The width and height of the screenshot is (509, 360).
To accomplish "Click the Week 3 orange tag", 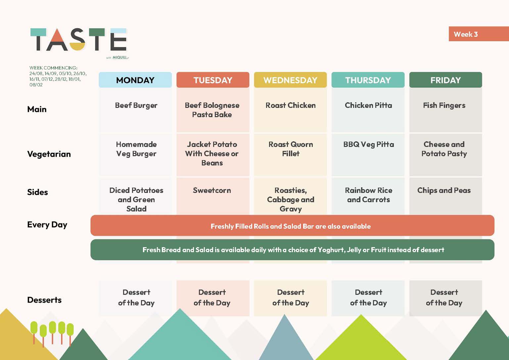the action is coord(479,34).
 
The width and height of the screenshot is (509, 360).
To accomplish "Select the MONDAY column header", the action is coord(135,80).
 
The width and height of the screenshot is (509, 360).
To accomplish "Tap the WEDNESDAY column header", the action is coord(290,80).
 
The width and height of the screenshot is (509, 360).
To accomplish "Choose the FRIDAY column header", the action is coord(445,80).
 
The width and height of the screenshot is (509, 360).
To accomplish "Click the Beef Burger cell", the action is coord(136,106).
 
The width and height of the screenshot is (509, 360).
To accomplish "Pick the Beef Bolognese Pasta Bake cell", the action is coord(212,110).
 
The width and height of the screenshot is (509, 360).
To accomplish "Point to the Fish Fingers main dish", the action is coord(444,106).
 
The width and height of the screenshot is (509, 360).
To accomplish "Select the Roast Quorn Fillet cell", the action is coord(291,149).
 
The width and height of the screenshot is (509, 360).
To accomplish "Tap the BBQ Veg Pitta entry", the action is coord(369,145).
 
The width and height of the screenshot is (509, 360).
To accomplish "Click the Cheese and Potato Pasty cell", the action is coord(444,149).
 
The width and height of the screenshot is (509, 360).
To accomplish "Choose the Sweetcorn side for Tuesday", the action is coord(212,190).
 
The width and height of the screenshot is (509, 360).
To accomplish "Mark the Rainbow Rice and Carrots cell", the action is coord(369,195).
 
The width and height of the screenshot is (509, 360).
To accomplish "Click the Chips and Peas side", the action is coord(444,190).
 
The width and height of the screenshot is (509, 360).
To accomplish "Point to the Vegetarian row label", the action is coord(49,154).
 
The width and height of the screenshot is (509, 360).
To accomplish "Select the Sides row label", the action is coord(37,192).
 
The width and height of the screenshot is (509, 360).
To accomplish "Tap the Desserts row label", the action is coord(44,300).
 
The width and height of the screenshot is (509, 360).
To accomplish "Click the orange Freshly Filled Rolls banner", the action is coord(292,226).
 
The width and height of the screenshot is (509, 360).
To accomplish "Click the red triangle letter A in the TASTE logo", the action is coord(57,39).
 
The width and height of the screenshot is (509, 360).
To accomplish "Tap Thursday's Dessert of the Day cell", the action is coord(368,297).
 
